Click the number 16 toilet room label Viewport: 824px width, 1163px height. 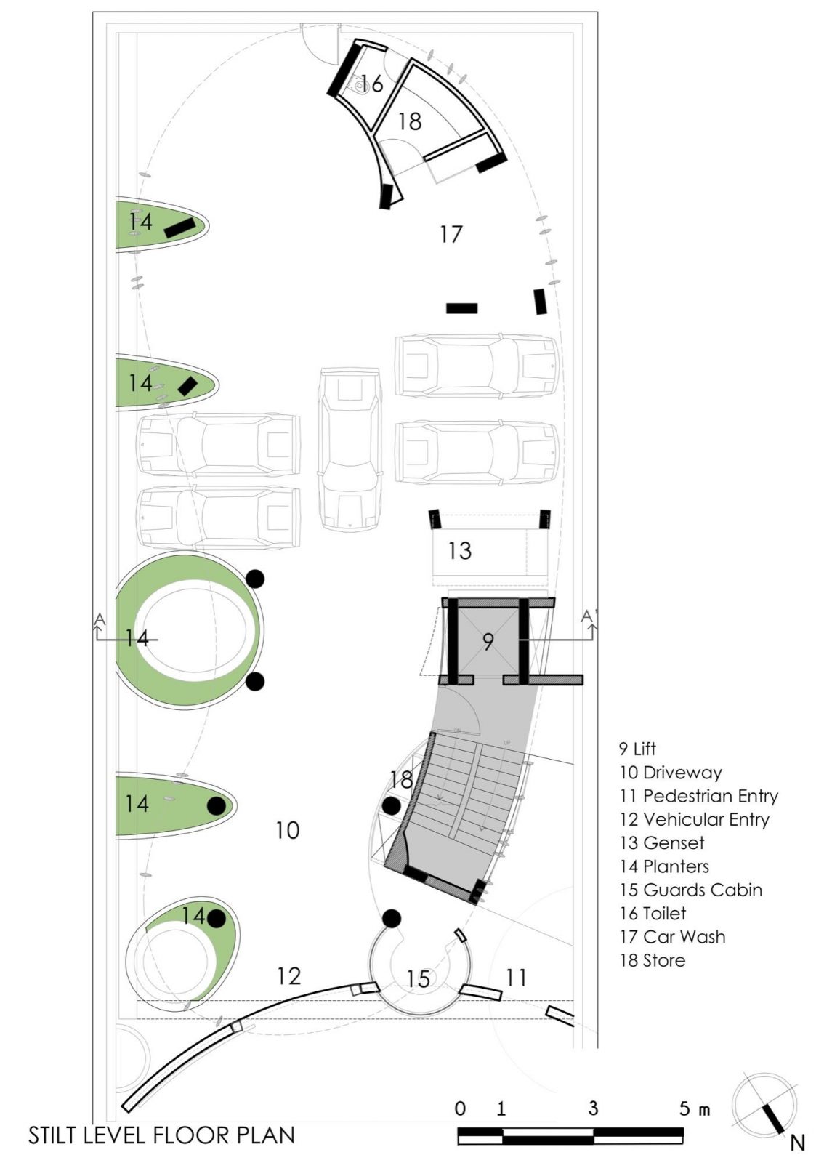[x=371, y=84]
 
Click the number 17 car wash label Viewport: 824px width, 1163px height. [x=451, y=234]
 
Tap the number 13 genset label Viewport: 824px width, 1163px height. [x=459, y=550]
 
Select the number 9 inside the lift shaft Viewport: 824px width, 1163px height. [x=488, y=641]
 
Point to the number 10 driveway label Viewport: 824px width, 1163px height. [x=287, y=830]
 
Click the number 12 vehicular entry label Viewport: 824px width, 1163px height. [x=288, y=975]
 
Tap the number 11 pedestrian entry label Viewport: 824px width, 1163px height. [x=516, y=978]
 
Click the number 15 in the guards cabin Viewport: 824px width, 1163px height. [x=418, y=979]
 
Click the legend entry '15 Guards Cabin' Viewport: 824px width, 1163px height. [x=690, y=890]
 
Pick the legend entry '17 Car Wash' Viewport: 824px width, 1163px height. [x=672, y=937]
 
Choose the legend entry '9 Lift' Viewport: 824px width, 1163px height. [x=637, y=749]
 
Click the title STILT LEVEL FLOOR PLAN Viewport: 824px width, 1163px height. [x=161, y=1135]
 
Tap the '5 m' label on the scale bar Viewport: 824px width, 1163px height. [x=693, y=1109]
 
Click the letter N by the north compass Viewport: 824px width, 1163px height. [x=797, y=1143]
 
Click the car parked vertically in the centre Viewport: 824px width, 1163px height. [x=350, y=449]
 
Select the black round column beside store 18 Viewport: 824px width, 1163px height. [x=392, y=805]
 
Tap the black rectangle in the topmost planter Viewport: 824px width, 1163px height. [x=179, y=228]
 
